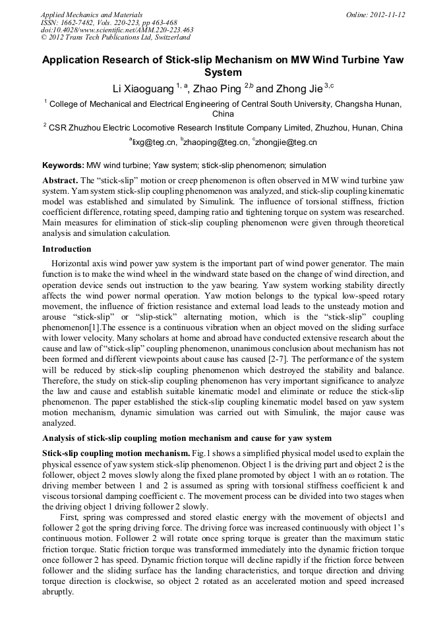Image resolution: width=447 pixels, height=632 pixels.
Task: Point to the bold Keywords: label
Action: click(x=63, y=165)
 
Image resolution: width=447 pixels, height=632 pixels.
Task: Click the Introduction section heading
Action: click(x=67, y=249)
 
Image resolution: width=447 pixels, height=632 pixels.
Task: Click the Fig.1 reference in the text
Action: click(x=199, y=454)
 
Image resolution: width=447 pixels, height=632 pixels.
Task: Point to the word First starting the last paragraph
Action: click(x=69, y=518)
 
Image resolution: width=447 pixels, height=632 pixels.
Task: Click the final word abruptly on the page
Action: click(x=57, y=592)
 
